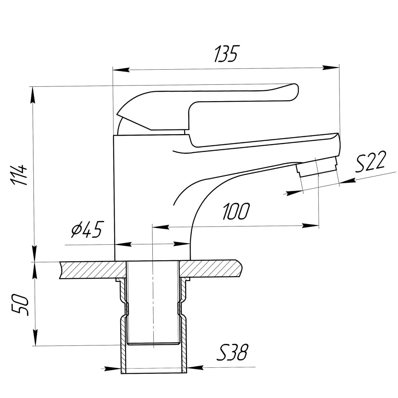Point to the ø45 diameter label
tap(86, 229)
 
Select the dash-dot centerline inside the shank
tap(153, 302)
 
